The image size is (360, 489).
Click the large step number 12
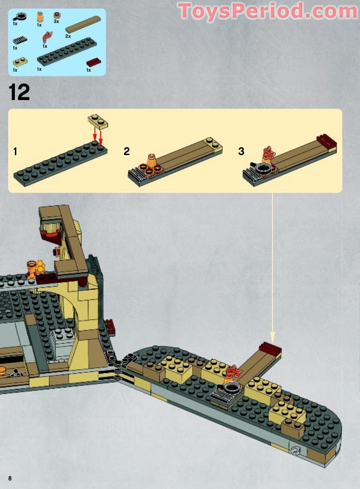point(19,92)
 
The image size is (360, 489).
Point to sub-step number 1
point(15,151)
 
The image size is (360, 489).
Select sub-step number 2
point(127,151)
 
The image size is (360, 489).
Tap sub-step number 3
point(241,151)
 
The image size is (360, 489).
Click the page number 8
point(9,477)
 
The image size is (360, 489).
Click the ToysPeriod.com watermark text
point(268,11)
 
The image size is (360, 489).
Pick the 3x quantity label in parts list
point(56,21)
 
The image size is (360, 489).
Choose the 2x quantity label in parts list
point(68,36)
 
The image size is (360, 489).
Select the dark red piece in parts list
point(94,62)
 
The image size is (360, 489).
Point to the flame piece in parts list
point(47,36)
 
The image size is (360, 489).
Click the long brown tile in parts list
point(83,25)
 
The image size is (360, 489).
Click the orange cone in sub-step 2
point(152,161)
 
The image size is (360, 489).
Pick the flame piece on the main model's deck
point(235,374)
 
